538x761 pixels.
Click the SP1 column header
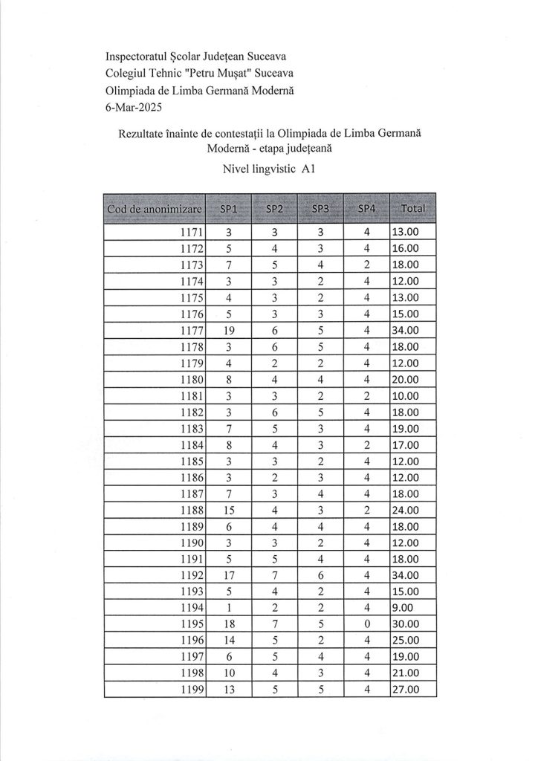tap(228, 209)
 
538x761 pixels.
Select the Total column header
tap(412, 209)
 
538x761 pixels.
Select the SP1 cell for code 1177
tap(228, 331)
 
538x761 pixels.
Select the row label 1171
tap(192, 233)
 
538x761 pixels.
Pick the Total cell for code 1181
tap(412, 396)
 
